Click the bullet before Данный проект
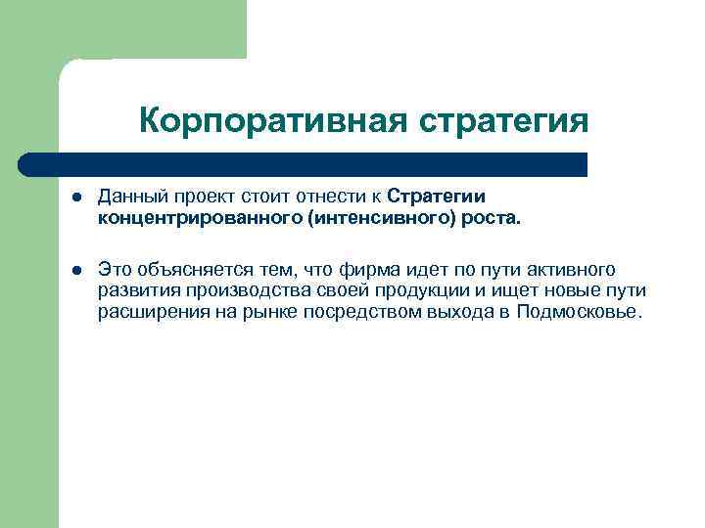pos(74,198)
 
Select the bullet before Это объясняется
pos(74,270)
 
